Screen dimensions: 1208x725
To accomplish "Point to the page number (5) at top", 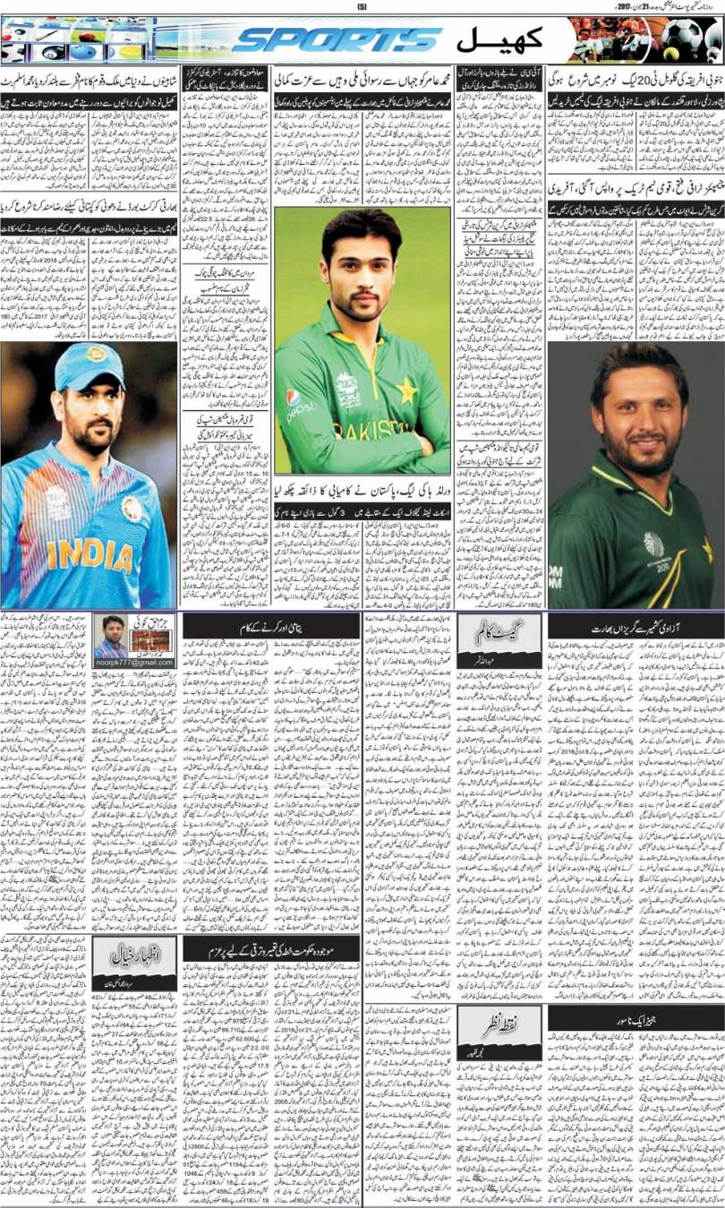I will click(x=362, y=6).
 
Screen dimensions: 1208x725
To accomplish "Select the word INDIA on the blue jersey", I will click(x=90, y=555).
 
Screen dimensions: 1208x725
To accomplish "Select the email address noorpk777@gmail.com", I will click(x=134, y=661).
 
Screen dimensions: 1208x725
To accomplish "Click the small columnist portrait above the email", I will click(x=112, y=634).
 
